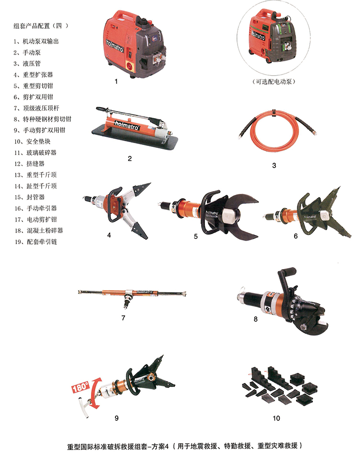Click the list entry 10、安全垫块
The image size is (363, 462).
pyautogui.click(x=33, y=141)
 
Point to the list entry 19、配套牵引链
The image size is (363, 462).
pyautogui.click(x=35, y=242)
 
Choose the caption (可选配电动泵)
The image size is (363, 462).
pyautogui.click(x=274, y=81)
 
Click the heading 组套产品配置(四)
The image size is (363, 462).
pyautogui.click(x=41, y=26)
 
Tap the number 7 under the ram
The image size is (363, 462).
pyautogui.click(x=123, y=317)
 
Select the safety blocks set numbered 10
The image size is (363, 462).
pyautogui.click(x=280, y=385)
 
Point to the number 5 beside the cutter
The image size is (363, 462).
pyautogui.click(x=196, y=237)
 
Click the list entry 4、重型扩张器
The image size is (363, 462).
pyautogui.click(x=34, y=75)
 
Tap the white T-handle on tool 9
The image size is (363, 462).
pyautogui.click(x=84, y=406)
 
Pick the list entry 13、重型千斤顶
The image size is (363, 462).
pyautogui.click(x=35, y=175)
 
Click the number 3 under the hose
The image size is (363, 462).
pyautogui.click(x=274, y=165)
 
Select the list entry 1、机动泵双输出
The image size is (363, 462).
pyautogui.click(x=36, y=41)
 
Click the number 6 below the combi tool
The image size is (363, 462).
pyautogui.click(x=296, y=236)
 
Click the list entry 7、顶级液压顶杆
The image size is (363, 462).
pyautogui.click(x=36, y=108)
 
